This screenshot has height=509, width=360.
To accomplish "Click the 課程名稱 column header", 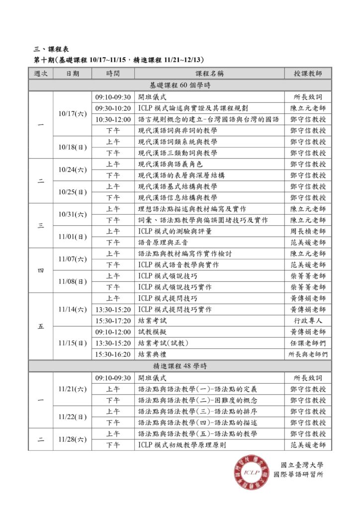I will [x=209, y=74].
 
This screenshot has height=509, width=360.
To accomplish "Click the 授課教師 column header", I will [x=308, y=74].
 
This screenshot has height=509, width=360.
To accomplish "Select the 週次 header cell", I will [x=41, y=74].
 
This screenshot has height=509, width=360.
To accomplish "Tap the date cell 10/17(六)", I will [x=72, y=114].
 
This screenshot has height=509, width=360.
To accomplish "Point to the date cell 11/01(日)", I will [x=72, y=237].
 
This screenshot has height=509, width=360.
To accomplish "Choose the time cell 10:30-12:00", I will [x=112, y=119].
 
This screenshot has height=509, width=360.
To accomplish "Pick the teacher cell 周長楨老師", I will [x=308, y=231].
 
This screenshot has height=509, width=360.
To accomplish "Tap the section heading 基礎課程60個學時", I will [x=180, y=85].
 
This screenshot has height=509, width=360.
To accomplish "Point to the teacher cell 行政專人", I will [x=308, y=321].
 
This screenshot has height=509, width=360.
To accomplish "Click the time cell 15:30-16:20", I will [x=112, y=354].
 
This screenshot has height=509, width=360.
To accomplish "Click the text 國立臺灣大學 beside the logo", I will [x=302, y=465].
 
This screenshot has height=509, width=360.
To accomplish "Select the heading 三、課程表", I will [x=51, y=49].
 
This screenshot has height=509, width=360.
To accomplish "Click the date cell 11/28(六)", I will [x=72, y=439].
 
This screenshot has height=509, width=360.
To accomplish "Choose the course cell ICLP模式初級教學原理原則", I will [x=182, y=445].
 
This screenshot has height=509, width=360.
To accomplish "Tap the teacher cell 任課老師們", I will [x=308, y=343].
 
